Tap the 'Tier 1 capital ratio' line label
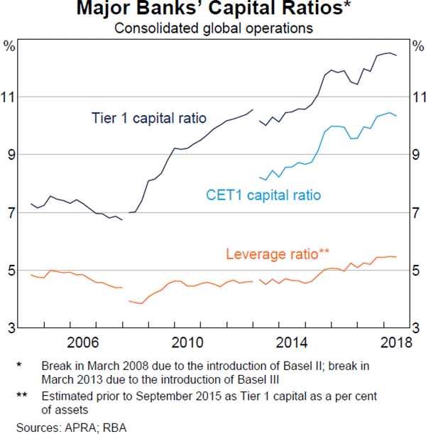(148, 117)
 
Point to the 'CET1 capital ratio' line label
(263, 195)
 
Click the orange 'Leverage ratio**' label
(278, 254)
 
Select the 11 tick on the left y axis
(9, 97)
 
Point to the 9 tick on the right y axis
(417, 154)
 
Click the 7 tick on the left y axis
(9, 212)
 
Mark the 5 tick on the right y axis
(417, 271)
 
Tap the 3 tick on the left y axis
(9, 328)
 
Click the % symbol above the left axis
(9, 46)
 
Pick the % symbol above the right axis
(416, 46)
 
